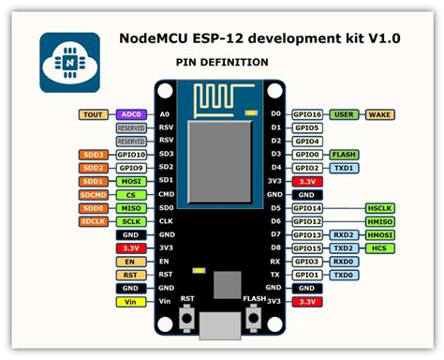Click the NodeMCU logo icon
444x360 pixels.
click(69, 62)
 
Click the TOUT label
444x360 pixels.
click(94, 113)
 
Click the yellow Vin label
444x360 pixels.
click(129, 302)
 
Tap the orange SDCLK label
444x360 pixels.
click(94, 221)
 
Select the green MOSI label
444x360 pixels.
click(129, 181)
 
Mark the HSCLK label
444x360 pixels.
click(379, 208)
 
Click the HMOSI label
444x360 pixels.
click(379, 234)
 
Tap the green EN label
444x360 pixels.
click(129, 262)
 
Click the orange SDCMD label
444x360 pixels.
click(94, 194)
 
